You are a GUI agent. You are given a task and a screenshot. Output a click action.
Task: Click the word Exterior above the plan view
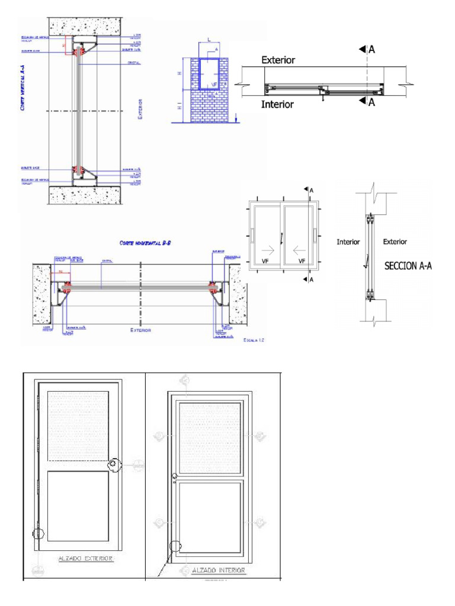click(278, 60)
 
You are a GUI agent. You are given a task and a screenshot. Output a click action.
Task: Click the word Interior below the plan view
click(277, 104)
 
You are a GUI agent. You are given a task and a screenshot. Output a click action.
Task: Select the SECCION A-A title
click(408, 266)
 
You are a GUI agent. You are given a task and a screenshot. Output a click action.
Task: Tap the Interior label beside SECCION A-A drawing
click(348, 241)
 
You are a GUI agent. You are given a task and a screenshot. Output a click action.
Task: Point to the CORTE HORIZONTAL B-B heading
click(145, 243)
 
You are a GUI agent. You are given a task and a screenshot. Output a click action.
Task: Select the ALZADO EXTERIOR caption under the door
click(86, 557)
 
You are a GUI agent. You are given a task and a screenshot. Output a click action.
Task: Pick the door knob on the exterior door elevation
click(113, 465)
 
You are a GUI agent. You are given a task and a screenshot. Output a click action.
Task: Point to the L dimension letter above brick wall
click(209, 40)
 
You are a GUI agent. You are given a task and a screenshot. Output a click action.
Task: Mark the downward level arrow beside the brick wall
click(236, 118)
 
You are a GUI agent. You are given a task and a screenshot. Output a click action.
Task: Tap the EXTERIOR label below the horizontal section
click(140, 330)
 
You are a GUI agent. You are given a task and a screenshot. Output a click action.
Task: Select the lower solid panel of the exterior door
click(78, 506)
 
